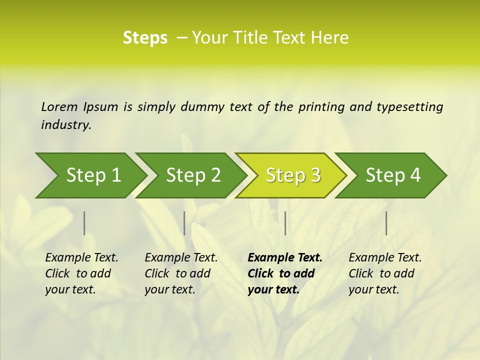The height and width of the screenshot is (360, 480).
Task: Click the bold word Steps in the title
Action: [145, 38]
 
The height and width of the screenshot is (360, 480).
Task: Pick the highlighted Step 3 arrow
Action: [293, 175]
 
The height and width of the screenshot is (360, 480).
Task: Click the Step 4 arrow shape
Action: [393, 175]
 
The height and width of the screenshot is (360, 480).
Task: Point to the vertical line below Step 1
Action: [84, 223]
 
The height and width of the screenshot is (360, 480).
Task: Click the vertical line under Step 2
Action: [184, 223]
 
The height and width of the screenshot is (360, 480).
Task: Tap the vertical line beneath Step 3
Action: [285, 223]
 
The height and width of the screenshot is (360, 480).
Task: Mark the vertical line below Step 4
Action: [386, 223]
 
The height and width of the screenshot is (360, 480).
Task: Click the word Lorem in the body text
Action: [59, 107]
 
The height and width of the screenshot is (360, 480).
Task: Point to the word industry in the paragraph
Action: [65, 125]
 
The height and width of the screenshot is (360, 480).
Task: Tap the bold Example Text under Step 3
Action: [285, 258]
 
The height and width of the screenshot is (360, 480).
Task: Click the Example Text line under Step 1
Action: [81, 258]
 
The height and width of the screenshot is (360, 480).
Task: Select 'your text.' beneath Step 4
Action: [373, 289]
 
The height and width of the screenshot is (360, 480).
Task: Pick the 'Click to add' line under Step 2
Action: [177, 274]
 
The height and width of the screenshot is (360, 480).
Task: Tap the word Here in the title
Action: [329, 38]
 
